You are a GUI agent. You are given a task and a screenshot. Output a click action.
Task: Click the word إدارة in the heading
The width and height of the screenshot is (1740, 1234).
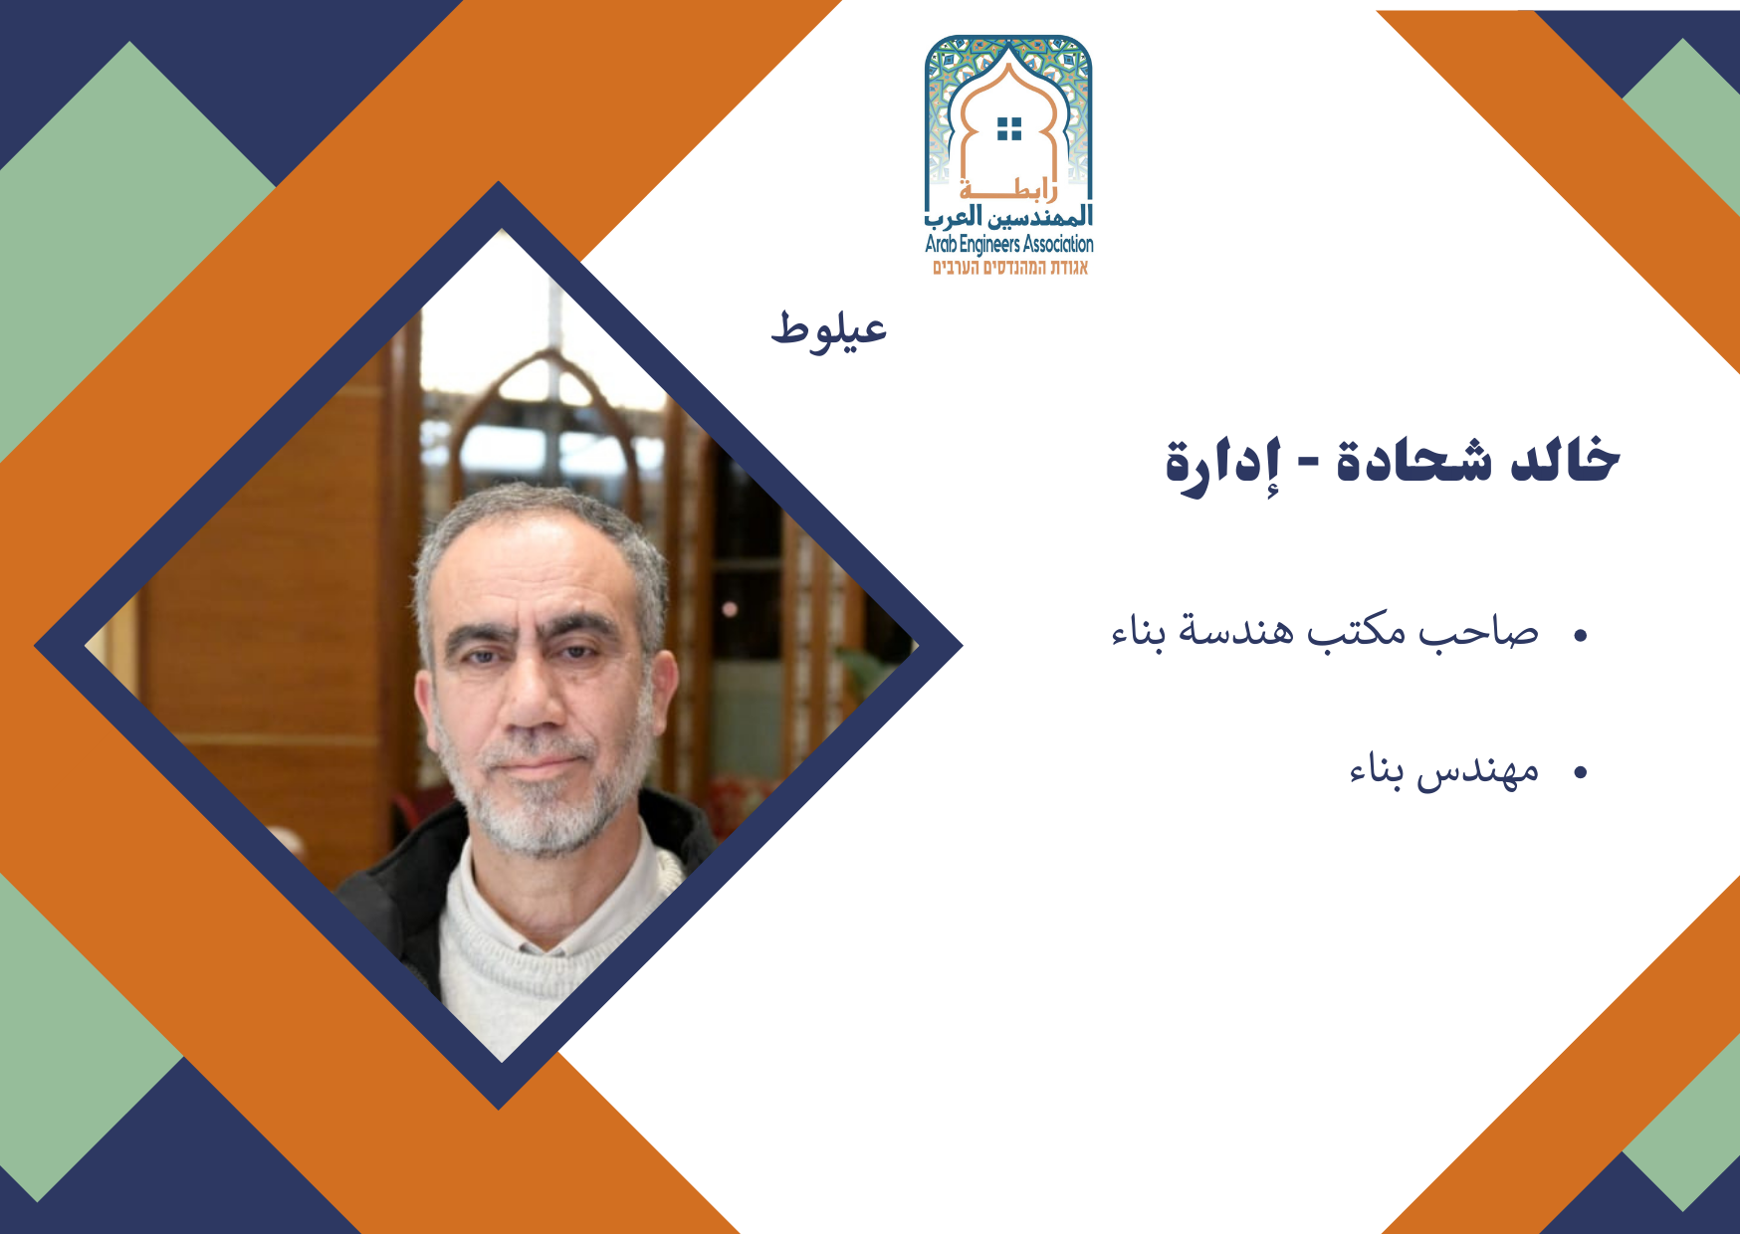[1222, 466]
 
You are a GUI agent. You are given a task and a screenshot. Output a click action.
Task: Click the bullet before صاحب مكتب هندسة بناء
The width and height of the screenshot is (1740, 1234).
[1580, 634]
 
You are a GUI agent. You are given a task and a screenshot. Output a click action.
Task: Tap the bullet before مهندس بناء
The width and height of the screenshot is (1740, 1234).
[1580, 772]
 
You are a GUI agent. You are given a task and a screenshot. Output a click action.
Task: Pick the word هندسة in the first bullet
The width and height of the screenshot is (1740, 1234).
[1235, 631]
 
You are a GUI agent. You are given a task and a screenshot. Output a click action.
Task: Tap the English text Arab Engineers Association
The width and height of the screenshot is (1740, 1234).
[1009, 244]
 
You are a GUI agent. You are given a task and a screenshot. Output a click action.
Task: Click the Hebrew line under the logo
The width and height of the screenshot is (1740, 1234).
[1010, 268]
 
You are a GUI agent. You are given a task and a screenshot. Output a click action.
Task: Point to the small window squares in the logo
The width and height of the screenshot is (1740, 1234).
[1009, 128]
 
